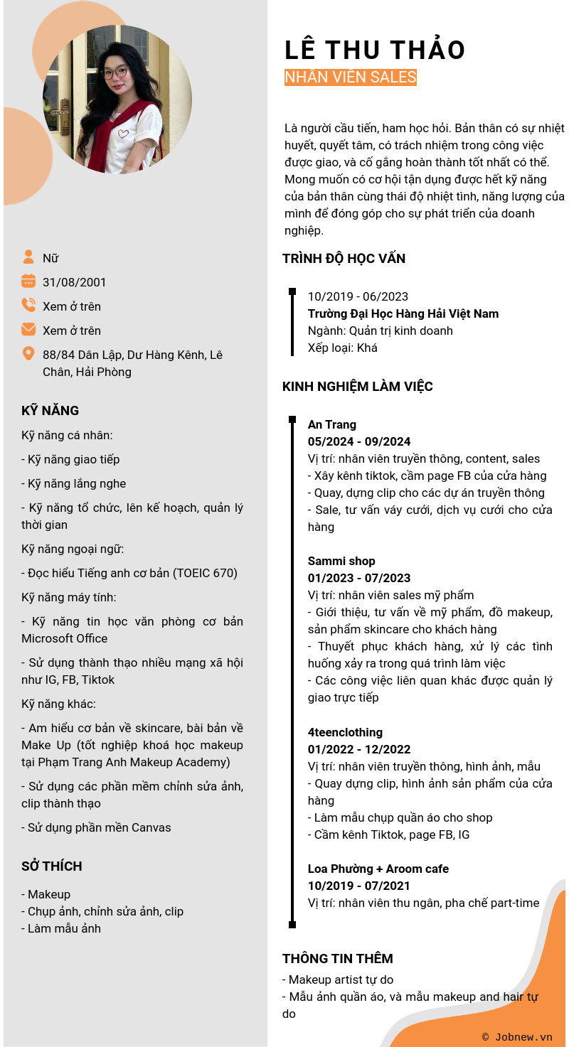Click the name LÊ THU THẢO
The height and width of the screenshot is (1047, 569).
click(374, 50)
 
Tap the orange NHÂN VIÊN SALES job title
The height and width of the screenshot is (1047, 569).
click(350, 77)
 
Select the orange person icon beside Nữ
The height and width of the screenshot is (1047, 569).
click(28, 257)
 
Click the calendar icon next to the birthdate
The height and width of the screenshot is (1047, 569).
click(28, 281)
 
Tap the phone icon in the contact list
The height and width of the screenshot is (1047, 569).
click(28, 306)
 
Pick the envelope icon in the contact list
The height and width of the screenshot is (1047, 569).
click(28, 330)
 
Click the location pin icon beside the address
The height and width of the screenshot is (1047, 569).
click(28, 354)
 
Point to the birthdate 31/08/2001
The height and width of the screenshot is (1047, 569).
click(75, 282)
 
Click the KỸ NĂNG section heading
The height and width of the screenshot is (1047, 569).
click(50, 411)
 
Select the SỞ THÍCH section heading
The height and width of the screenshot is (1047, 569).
click(51, 866)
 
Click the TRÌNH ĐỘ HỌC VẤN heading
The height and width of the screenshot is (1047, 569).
click(344, 259)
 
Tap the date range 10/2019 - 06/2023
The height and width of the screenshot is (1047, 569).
click(358, 296)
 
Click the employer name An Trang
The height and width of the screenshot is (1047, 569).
click(332, 424)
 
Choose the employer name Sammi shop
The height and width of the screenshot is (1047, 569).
click(341, 561)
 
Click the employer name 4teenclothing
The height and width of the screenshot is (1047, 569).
click(345, 732)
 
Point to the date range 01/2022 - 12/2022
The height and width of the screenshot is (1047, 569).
click(359, 749)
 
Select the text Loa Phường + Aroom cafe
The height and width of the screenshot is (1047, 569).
click(378, 869)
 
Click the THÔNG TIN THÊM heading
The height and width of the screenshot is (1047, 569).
click(338, 959)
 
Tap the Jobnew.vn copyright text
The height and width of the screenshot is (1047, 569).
click(517, 1037)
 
